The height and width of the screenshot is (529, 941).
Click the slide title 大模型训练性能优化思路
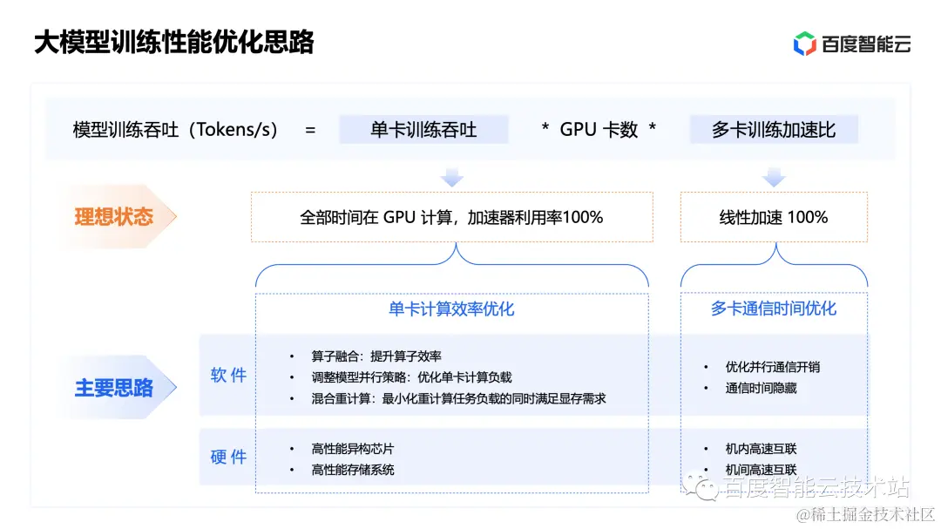click(x=173, y=43)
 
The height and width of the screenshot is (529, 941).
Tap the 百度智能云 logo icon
click(x=804, y=44)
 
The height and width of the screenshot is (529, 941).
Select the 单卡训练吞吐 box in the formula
click(x=423, y=130)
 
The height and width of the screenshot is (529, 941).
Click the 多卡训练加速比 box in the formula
click(x=774, y=130)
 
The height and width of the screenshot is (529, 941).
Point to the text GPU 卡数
click(x=599, y=130)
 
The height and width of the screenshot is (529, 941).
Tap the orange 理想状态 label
click(x=113, y=216)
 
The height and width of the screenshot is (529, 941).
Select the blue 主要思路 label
click(x=113, y=388)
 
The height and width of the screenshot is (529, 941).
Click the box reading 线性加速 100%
click(x=774, y=217)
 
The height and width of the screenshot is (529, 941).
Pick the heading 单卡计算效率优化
click(x=451, y=309)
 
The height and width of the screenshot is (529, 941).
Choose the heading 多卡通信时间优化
click(x=774, y=309)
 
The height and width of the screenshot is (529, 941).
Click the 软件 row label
click(x=228, y=376)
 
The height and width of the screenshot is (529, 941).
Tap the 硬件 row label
click(x=228, y=457)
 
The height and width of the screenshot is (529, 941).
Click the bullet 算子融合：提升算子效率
click(x=376, y=356)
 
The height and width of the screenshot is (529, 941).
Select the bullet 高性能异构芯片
click(x=352, y=449)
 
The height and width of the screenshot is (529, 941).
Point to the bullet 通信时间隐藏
click(x=761, y=388)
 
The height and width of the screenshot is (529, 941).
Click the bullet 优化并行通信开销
click(x=772, y=367)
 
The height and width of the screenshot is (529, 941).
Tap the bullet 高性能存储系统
click(x=352, y=470)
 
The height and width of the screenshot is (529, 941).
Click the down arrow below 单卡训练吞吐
click(x=451, y=178)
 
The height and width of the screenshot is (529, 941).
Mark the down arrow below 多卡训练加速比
click(x=774, y=178)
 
